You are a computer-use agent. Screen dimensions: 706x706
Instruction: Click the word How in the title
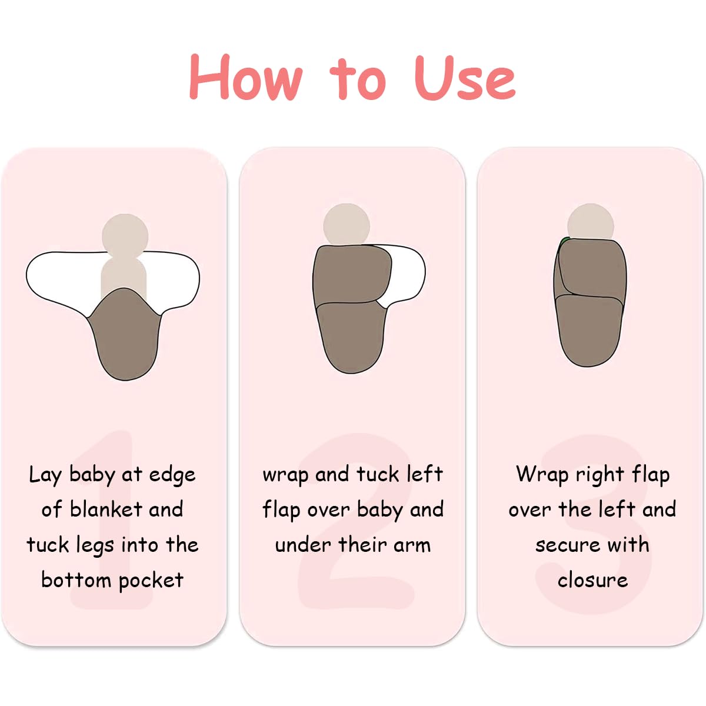point(246,77)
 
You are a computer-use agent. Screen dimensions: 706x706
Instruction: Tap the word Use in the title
point(465,78)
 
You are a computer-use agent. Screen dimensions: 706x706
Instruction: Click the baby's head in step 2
point(346,224)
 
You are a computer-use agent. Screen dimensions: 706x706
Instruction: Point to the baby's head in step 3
point(591,222)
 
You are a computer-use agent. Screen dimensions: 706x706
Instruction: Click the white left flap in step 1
point(62,280)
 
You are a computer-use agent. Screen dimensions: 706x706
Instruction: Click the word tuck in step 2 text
point(378,474)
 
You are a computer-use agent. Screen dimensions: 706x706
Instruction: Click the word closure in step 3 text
point(592,580)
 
